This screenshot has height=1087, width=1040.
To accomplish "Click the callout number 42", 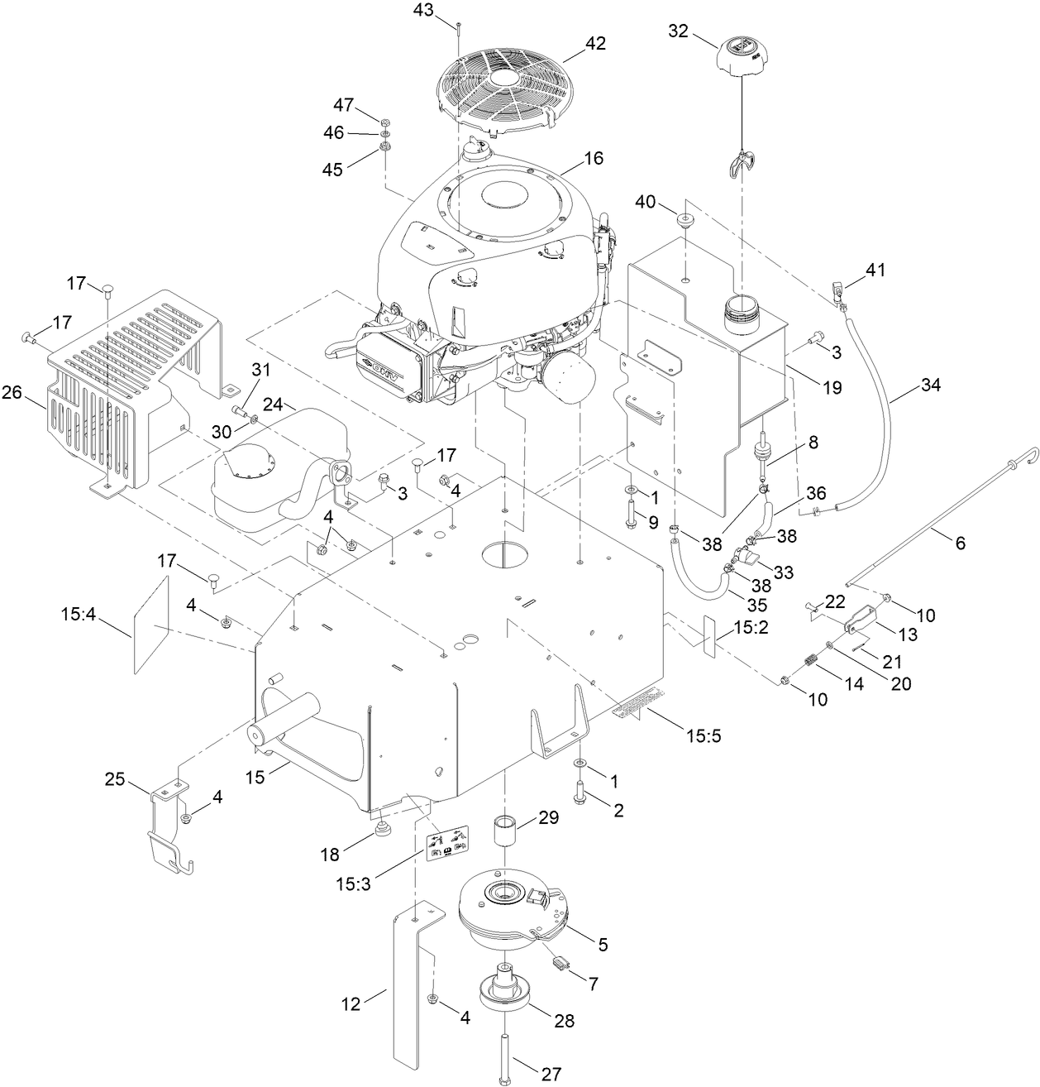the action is [595, 44].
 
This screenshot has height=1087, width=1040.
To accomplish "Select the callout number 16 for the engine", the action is [594, 158].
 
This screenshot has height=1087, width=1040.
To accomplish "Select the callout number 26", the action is [12, 393].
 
